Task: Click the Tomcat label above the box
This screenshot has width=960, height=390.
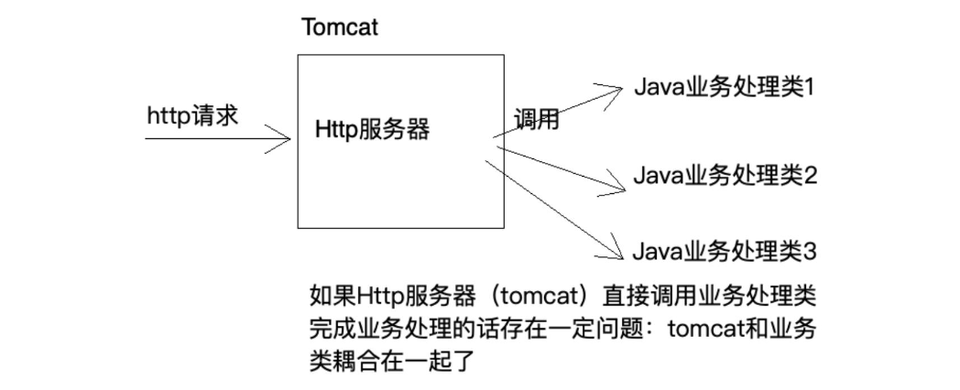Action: (339, 27)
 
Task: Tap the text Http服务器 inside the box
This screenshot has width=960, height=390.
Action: (371, 130)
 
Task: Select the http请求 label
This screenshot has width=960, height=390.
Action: (191, 117)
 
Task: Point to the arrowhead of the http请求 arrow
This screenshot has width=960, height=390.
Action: (286, 140)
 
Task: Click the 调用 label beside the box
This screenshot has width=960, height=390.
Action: (536, 120)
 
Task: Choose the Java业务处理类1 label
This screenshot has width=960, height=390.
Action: (724, 88)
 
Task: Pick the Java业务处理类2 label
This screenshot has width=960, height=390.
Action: (724, 174)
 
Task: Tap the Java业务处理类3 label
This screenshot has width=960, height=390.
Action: (724, 251)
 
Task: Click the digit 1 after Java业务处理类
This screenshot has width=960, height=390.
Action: (809, 88)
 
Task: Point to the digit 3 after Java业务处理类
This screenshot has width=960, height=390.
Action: (809, 251)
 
